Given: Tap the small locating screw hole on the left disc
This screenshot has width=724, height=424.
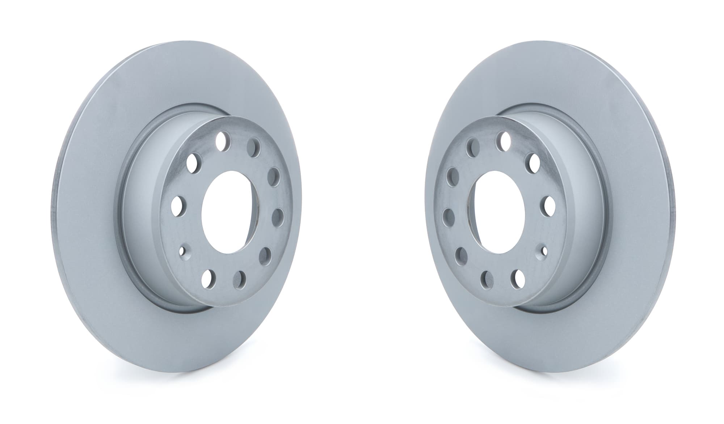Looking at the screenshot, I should (x=182, y=250).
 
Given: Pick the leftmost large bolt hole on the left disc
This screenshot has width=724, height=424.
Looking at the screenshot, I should (x=178, y=205).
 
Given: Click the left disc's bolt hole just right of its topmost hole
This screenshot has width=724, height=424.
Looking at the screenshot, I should (x=254, y=147).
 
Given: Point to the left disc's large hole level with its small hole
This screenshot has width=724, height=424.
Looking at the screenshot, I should (x=268, y=254).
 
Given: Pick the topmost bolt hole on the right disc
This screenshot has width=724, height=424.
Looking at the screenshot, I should (x=503, y=141).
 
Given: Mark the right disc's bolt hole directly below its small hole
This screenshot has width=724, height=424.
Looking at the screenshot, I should (x=517, y=277).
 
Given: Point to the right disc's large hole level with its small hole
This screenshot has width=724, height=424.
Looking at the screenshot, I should (x=459, y=254).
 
